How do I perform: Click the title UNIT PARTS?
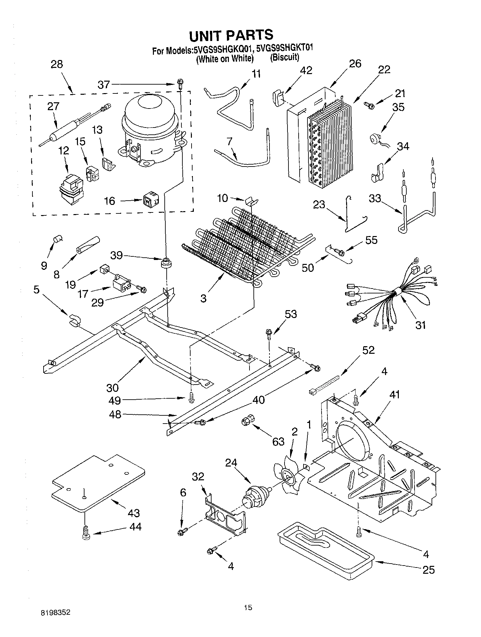click(x=231, y=35)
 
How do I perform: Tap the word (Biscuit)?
click(x=285, y=58)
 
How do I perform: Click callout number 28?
click(x=57, y=64)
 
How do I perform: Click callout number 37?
click(x=104, y=85)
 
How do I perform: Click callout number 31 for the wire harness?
click(x=421, y=325)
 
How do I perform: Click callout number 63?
click(x=278, y=442)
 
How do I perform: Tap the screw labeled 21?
click(x=370, y=105)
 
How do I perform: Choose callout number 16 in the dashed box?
click(x=110, y=201)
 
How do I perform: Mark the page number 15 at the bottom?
click(x=248, y=608)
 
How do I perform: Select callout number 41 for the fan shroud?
click(x=395, y=395)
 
